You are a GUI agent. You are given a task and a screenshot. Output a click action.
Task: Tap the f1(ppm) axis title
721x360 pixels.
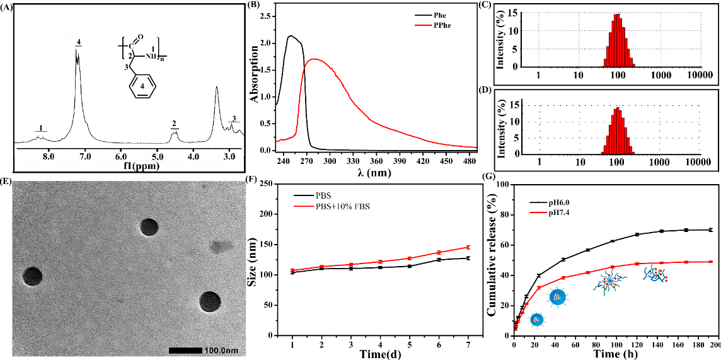pos(134,166)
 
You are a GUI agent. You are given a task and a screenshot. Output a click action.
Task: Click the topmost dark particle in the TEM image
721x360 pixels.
pos(149,227)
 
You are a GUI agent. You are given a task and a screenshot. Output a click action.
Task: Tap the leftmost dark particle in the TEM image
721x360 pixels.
pos(33,276)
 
